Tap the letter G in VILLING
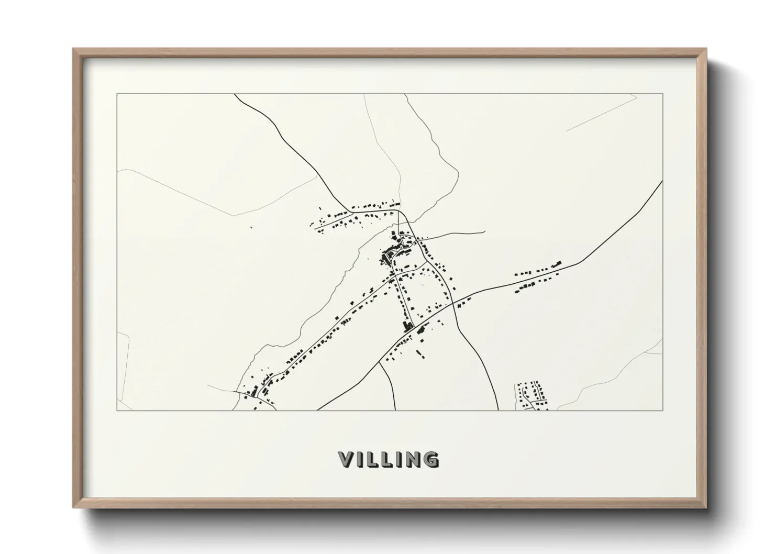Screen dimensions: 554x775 tap(429, 459)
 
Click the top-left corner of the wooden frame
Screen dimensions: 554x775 tap(74, 49)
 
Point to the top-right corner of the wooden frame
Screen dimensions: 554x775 tap(706, 49)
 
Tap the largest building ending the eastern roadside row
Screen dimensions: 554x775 tap(558, 262)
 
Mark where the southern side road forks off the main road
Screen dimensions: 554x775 tap(380, 362)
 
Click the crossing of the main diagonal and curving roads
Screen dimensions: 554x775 tap(454, 304)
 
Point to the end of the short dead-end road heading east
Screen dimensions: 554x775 tap(484, 232)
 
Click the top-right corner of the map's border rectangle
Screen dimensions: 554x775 tap(663, 94)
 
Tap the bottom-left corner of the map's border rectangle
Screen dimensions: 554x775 tap(117, 410)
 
